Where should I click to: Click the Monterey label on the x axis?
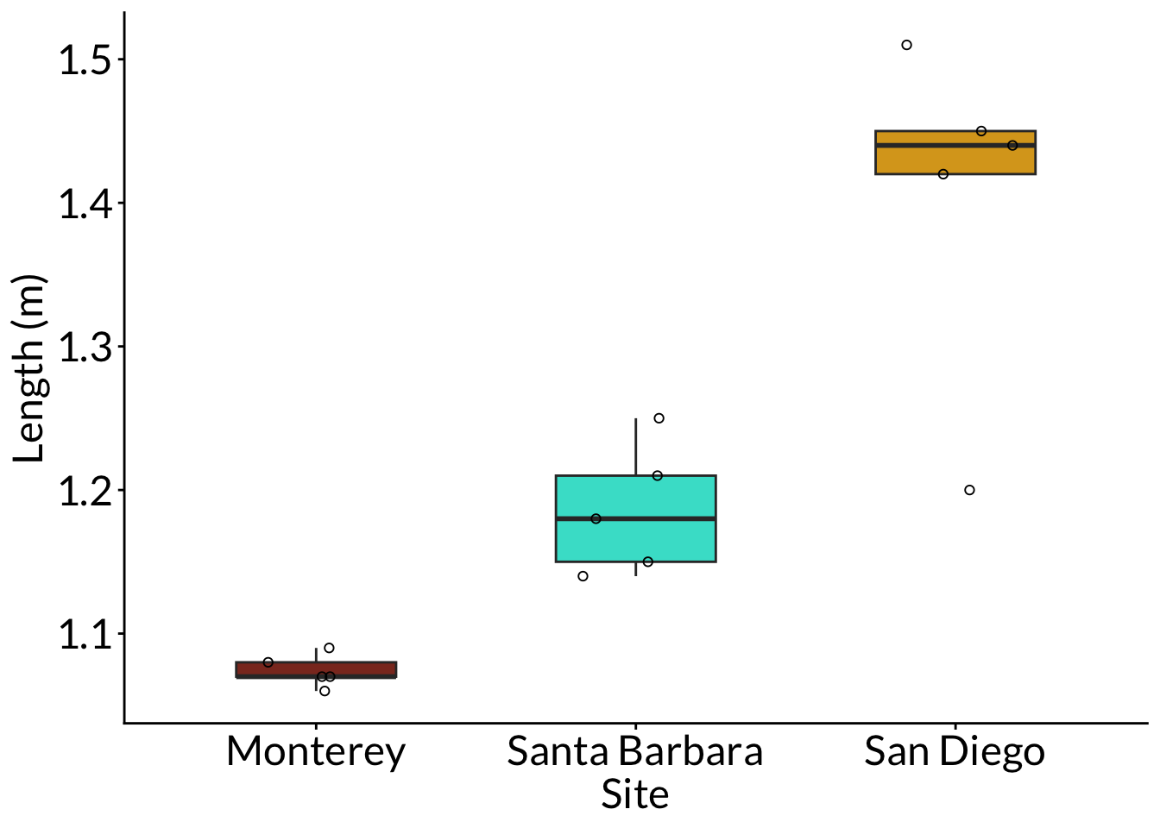click(x=316, y=752)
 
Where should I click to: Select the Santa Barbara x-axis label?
click(x=635, y=752)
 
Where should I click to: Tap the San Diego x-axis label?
click(x=955, y=752)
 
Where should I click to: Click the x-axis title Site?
click(x=635, y=795)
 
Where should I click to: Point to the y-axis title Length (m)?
click(x=29, y=369)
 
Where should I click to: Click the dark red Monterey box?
click(x=316, y=668)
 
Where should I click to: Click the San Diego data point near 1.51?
click(x=906, y=45)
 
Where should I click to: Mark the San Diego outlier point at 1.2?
click(x=969, y=490)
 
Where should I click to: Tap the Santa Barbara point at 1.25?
click(x=659, y=418)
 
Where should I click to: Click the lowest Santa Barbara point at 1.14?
click(x=583, y=576)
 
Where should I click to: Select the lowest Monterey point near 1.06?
click(x=325, y=691)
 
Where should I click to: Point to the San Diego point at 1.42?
click(x=943, y=174)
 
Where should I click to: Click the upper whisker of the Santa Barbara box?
click(x=636, y=447)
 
